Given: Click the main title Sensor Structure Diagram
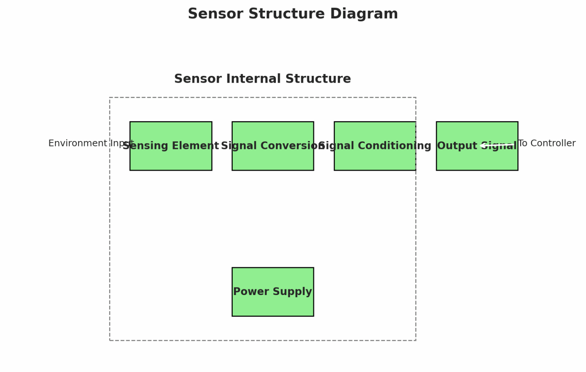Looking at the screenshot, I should click(293, 14).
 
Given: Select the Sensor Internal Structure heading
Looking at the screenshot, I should click(262, 79).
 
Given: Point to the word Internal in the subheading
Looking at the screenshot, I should click(254, 79).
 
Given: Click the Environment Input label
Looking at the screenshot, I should click(91, 143).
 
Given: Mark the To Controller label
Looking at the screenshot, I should click(546, 143).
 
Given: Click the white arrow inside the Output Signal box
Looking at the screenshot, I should click(496, 146).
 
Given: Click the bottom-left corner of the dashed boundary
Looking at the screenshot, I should click(110, 340).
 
